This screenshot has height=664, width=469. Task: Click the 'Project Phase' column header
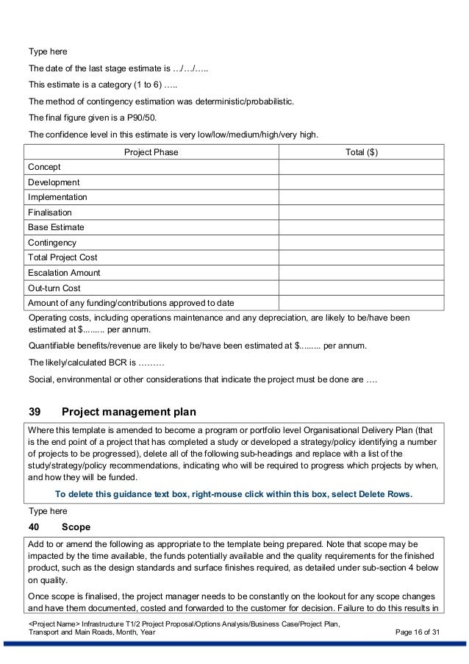151,152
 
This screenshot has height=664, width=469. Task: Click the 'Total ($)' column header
362,152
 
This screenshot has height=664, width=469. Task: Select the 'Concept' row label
44,167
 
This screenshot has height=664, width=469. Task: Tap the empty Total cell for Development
362,182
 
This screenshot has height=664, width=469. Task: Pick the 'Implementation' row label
57,197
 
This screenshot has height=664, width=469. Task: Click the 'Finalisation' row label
50,212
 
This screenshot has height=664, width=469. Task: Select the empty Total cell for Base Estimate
362,227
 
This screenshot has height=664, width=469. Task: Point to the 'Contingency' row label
51,242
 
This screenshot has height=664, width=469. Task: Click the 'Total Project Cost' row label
62,257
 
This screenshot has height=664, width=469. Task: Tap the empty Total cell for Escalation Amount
362,273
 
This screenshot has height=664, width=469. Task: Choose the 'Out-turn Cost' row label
54,288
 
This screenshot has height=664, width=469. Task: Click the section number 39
34,411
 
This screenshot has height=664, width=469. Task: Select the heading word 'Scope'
76,526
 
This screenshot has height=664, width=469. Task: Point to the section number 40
33,526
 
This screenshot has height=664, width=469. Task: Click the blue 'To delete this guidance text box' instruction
234,494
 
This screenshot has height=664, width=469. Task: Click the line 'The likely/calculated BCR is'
96,363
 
